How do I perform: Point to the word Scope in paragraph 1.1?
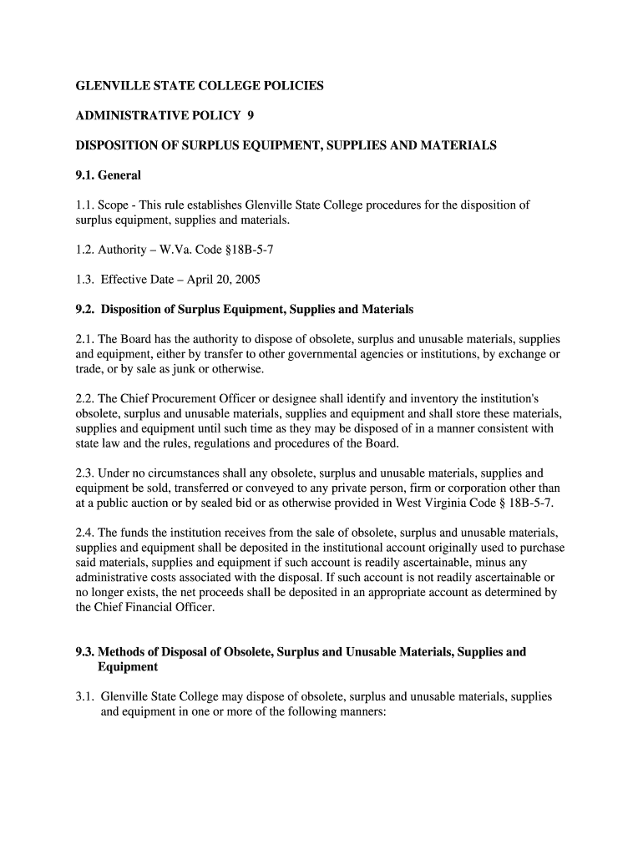click(x=114, y=205)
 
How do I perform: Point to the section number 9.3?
click(x=86, y=651)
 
